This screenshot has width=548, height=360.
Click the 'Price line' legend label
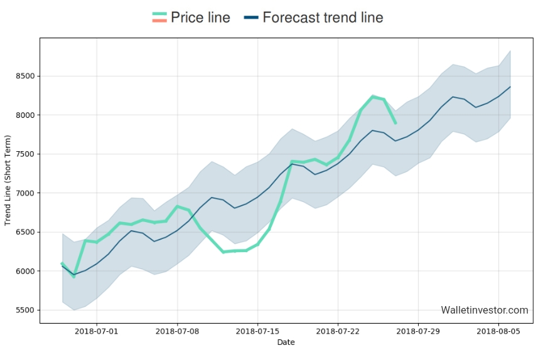point(200,18)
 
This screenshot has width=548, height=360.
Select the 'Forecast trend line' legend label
point(323,18)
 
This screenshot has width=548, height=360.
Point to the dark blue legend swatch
point(250,18)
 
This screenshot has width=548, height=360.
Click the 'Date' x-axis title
point(286,342)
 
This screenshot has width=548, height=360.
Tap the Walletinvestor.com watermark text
point(485,310)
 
